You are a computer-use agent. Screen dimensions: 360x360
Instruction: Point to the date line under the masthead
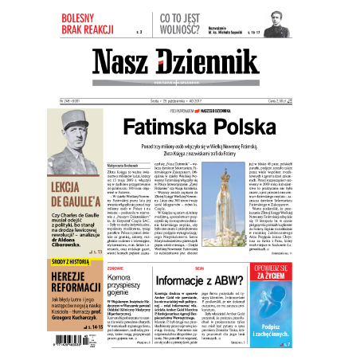[x=179, y=101]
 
